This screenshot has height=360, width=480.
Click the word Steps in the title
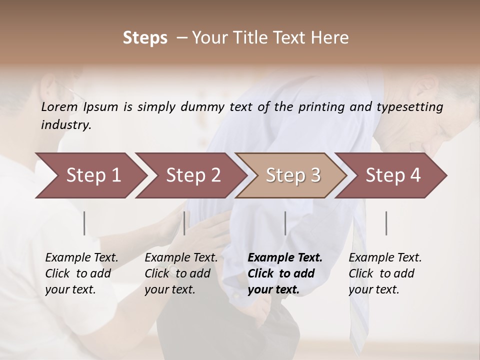(x=145, y=38)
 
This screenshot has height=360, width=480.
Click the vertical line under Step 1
(x=84, y=223)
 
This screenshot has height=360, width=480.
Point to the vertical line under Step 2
(x=184, y=223)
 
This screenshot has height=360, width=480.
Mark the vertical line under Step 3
(x=285, y=223)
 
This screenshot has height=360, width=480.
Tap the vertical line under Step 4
(x=386, y=223)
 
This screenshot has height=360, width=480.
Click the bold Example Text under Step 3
(x=285, y=257)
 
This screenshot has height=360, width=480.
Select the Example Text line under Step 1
(x=81, y=257)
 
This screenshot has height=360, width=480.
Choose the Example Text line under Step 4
(x=385, y=257)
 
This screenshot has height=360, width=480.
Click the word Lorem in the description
(x=59, y=106)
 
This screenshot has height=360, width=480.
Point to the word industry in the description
(x=66, y=124)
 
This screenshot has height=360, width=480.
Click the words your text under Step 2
(x=169, y=289)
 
